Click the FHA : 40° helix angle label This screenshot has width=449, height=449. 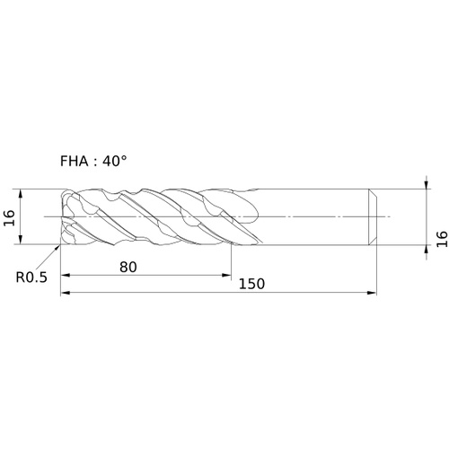click(93, 162)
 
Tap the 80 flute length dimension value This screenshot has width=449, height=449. click(128, 267)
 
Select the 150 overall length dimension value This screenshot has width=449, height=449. click(251, 284)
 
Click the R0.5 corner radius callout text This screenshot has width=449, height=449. click(31, 277)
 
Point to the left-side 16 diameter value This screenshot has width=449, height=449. click(9, 217)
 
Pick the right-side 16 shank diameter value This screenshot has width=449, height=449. click(442, 239)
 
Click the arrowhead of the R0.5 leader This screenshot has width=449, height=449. click(58, 247)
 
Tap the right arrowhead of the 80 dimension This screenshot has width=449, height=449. click(226, 275)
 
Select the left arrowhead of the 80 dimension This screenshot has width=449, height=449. click(66, 275)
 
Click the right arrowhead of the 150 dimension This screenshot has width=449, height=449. click(372, 293)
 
